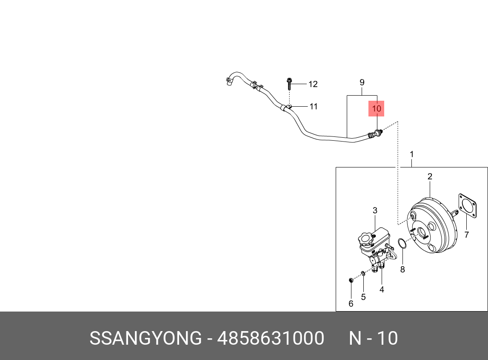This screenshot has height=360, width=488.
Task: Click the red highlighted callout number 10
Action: coord(377,109)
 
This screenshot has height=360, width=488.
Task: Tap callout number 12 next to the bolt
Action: coord(313,84)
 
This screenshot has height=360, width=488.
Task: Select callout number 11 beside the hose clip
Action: coord(314,106)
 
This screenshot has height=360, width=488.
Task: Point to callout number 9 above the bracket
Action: coord(362,82)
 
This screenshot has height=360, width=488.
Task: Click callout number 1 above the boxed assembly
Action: coord(411,154)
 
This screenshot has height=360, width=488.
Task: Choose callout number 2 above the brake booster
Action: coord(430,176)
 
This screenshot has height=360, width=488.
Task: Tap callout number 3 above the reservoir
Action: coord(375,210)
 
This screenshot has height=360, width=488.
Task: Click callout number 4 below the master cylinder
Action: coord(382,289)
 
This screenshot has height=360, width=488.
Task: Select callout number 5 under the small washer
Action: coord(363,297)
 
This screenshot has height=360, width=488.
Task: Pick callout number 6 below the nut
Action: coord(351,303)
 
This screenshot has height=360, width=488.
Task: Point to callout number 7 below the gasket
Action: coord(466,235)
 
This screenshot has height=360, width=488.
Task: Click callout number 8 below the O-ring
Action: coord(402,269)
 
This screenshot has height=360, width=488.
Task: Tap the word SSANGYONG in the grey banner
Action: coord(146,339)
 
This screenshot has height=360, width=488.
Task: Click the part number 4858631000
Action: coord(271,339)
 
